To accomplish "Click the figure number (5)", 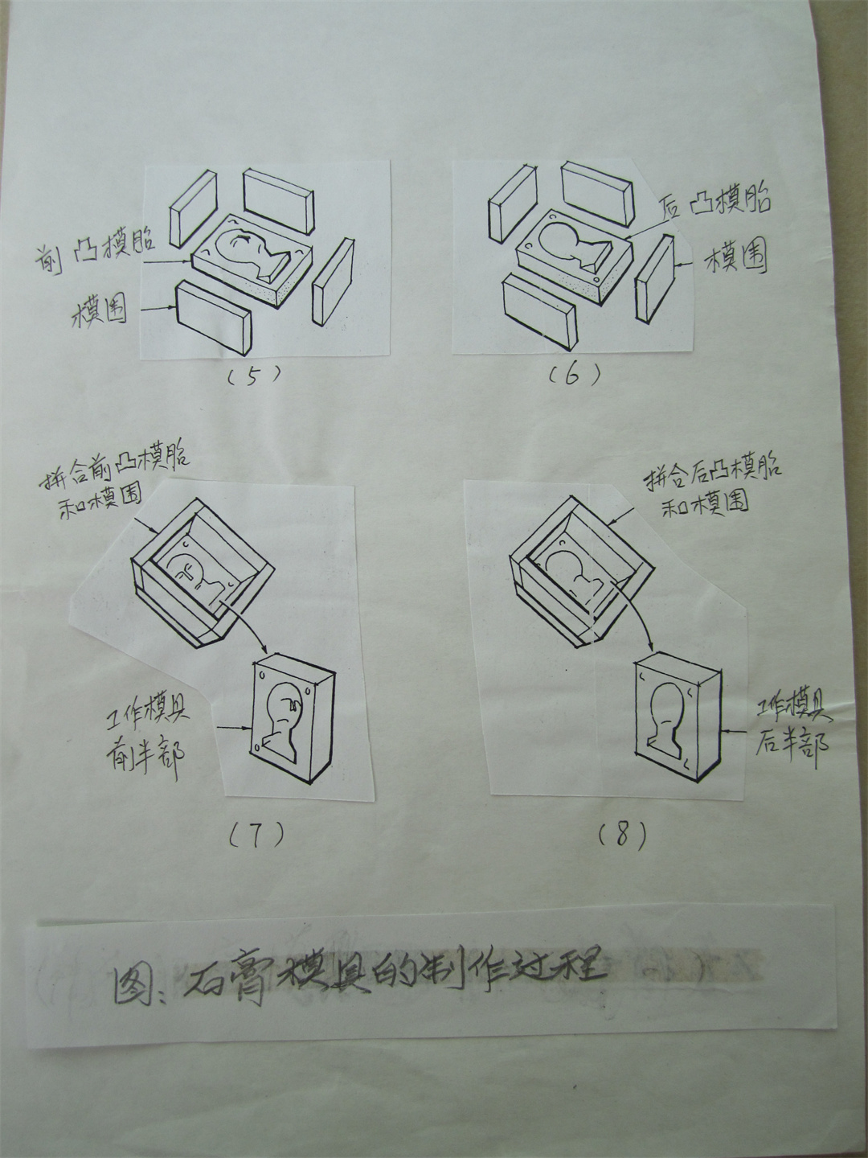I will coord(252,375).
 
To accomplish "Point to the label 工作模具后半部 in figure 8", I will coord(791,726).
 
